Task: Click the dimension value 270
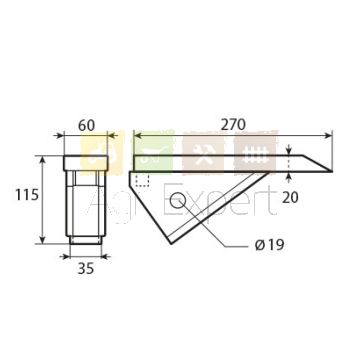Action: [x=233, y=125]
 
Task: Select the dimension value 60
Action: [x=86, y=126]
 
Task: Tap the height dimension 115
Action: [x=27, y=195]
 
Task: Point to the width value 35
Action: [x=86, y=269]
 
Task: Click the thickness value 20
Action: [x=290, y=198]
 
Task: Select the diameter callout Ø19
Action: [x=269, y=245]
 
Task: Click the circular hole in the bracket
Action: [x=176, y=200]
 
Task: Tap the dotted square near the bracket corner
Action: [x=142, y=180]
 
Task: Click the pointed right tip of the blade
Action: [x=332, y=171]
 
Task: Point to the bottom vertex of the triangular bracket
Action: [x=171, y=244]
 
